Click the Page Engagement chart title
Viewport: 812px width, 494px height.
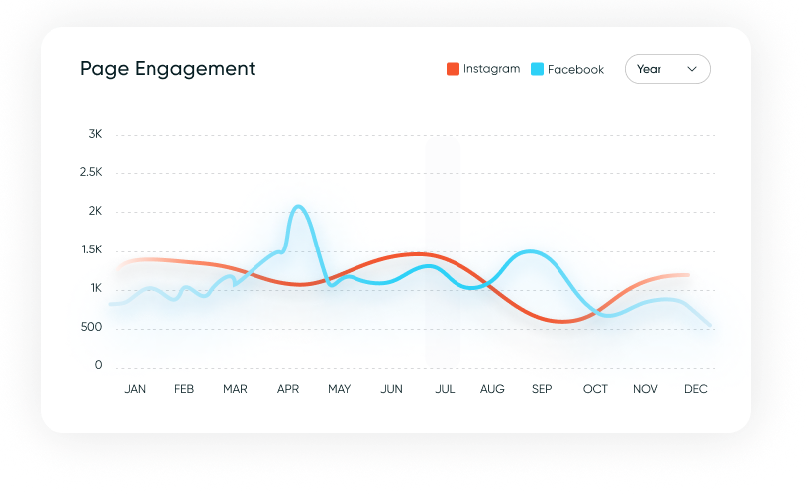(167, 69)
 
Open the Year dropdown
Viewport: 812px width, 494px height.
(666, 69)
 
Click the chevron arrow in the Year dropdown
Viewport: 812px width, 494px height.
(692, 69)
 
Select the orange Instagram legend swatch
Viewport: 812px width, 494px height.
(453, 69)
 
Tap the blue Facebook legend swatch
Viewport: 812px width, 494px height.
(537, 69)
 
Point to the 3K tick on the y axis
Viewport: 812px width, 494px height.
(95, 134)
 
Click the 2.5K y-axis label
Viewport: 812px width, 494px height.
(91, 172)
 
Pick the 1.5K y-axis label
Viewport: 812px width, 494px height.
(91, 249)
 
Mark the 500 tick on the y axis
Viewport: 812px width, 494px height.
(91, 327)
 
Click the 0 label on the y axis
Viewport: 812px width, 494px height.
(98, 365)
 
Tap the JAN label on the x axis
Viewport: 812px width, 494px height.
(135, 389)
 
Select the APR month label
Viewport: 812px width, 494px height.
(288, 389)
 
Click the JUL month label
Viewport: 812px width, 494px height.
(445, 389)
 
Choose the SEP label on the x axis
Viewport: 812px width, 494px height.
(542, 389)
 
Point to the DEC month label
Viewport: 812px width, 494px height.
(696, 389)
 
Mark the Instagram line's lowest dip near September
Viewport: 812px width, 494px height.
(560, 321)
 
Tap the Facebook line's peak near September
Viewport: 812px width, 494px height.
(532, 251)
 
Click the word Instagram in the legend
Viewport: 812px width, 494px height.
(491, 69)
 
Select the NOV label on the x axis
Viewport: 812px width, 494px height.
(645, 389)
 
